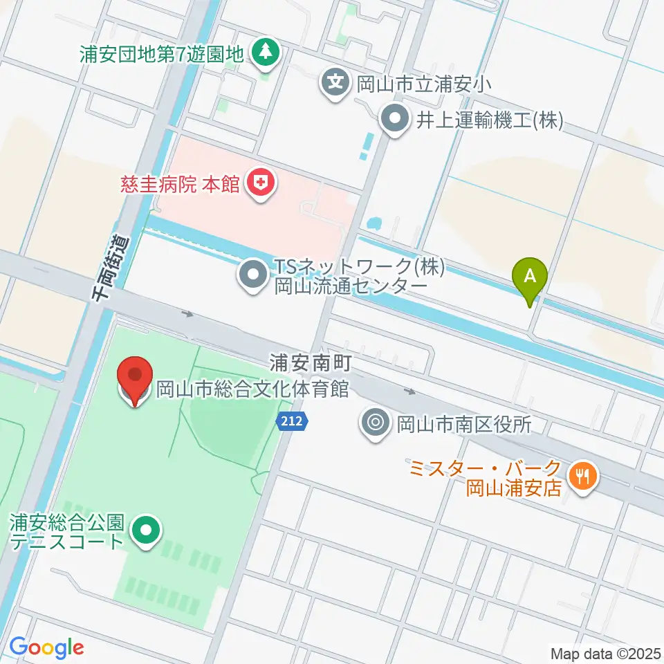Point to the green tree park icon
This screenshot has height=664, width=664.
point(264,52)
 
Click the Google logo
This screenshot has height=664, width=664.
point(46,647)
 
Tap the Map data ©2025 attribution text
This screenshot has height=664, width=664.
point(606,653)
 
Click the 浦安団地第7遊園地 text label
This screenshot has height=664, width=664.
point(162,53)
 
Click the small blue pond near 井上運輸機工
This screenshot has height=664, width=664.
point(376,223)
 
